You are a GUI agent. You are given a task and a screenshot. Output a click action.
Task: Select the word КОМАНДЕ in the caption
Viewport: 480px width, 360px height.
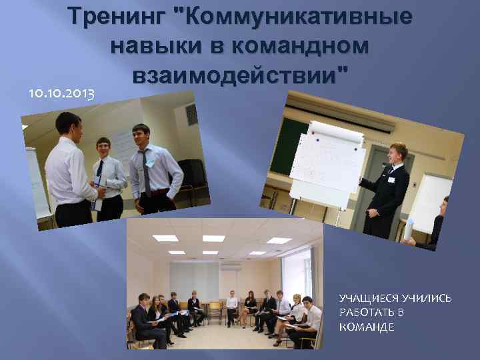pos(367,327)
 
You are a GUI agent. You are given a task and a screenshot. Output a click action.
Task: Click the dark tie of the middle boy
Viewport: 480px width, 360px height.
pos(99,169)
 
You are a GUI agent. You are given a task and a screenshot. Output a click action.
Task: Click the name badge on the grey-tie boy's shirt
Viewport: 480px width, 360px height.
pos(151,163)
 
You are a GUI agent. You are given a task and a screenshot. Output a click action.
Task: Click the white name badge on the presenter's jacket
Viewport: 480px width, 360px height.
pos(391,179)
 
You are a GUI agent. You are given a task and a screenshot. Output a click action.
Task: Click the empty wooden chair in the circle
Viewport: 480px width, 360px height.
pos(215,312)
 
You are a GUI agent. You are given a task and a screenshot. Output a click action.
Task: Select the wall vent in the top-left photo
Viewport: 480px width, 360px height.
pos(191,114)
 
